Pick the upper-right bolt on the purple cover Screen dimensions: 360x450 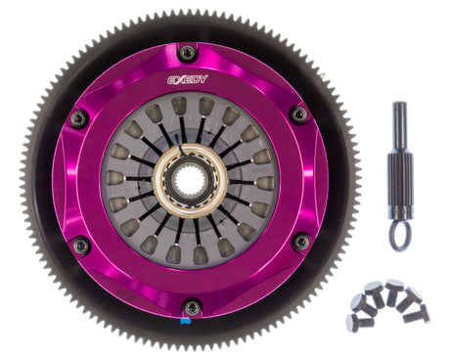pos(298,114)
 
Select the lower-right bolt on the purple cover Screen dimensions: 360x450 pos(301,241)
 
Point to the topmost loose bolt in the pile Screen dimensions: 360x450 pos(392,287)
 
